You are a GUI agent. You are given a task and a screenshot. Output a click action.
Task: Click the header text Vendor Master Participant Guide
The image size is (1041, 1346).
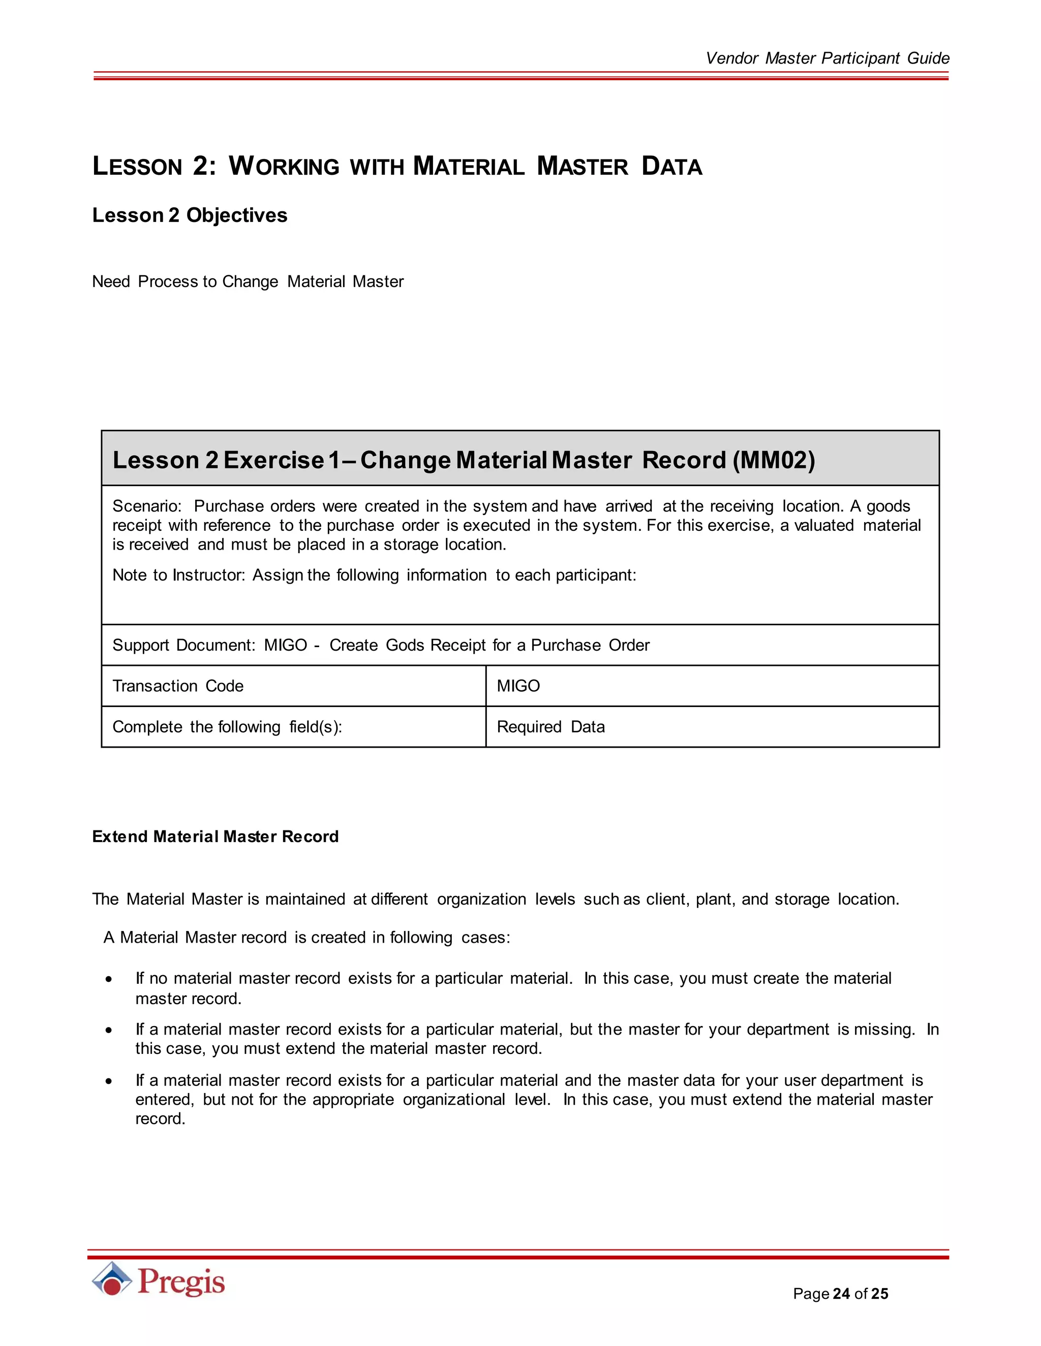[x=826, y=58]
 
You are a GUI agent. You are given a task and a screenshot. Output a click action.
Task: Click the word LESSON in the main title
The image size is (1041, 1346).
[x=137, y=167]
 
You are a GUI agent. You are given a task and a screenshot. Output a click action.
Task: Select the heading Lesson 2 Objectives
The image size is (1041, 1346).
[x=189, y=215]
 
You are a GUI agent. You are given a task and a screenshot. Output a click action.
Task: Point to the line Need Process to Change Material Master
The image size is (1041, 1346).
[x=248, y=282]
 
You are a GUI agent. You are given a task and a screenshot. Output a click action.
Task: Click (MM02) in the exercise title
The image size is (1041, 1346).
[x=773, y=460]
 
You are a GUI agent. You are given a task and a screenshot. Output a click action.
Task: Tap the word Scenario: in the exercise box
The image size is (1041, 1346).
[x=147, y=506]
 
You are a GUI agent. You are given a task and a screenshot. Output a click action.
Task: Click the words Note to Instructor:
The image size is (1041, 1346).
[x=178, y=575]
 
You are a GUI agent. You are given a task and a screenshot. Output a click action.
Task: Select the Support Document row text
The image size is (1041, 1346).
[x=381, y=645]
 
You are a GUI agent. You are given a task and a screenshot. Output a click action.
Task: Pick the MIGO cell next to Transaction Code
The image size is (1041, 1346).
[x=518, y=686]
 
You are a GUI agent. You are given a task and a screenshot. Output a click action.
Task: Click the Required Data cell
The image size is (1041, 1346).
[x=550, y=727]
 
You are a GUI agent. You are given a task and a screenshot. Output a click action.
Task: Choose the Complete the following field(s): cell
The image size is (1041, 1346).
[x=227, y=727]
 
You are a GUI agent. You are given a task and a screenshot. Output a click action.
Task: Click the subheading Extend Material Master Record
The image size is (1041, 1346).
[x=215, y=837]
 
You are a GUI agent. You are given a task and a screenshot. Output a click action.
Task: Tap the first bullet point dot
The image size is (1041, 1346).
[x=109, y=979]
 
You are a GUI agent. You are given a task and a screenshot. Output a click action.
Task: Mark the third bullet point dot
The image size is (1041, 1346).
[x=109, y=1081]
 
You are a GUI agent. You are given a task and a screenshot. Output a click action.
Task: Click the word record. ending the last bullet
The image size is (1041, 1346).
[x=160, y=1118]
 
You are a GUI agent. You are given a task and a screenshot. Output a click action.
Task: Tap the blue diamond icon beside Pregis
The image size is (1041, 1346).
[x=112, y=1279]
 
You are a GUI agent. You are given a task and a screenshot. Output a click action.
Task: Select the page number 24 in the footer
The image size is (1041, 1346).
[x=841, y=1294]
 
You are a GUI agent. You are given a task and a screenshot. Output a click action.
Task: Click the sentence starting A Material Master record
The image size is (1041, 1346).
[x=307, y=938]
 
